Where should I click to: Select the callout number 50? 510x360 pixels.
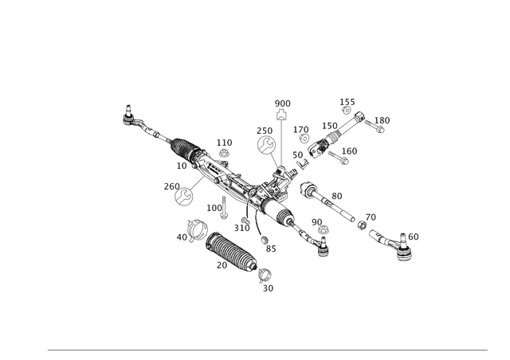click(336, 193)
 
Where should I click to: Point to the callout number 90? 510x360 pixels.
click(315, 221)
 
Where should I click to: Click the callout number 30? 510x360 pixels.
click(268, 288)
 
